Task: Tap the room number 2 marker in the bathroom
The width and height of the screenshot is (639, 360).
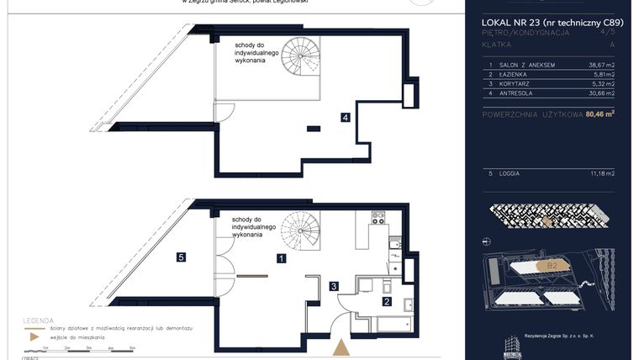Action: click(386, 301)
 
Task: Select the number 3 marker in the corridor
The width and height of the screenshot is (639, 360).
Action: click(334, 287)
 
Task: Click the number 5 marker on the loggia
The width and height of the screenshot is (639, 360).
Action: click(180, 257)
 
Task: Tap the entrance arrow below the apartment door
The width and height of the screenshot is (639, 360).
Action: click(341, 348)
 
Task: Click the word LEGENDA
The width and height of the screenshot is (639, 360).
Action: click(40, 320)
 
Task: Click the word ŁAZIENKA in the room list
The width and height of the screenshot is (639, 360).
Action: click(521, 74)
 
